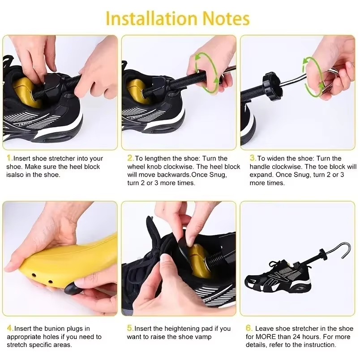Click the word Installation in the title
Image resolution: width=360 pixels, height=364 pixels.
tap(152, 18)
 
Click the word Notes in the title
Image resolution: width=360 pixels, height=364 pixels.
tap(226, 18)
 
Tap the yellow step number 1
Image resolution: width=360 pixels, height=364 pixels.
tap(9, 158)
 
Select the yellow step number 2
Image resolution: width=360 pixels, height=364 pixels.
tap(130, 158)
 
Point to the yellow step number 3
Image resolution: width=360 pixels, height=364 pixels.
tap(253, 158)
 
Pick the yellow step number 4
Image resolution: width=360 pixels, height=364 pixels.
tap(10, 328)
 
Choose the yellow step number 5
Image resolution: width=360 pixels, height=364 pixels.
tap(130, 328)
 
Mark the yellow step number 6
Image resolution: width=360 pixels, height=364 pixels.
tap(249, 328)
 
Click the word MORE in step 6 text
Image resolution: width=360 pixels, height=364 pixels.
tap(267, 337)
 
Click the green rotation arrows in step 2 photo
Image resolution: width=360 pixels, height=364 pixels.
tap(207, 73)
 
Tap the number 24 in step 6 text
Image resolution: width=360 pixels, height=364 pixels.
tap(298, 337)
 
